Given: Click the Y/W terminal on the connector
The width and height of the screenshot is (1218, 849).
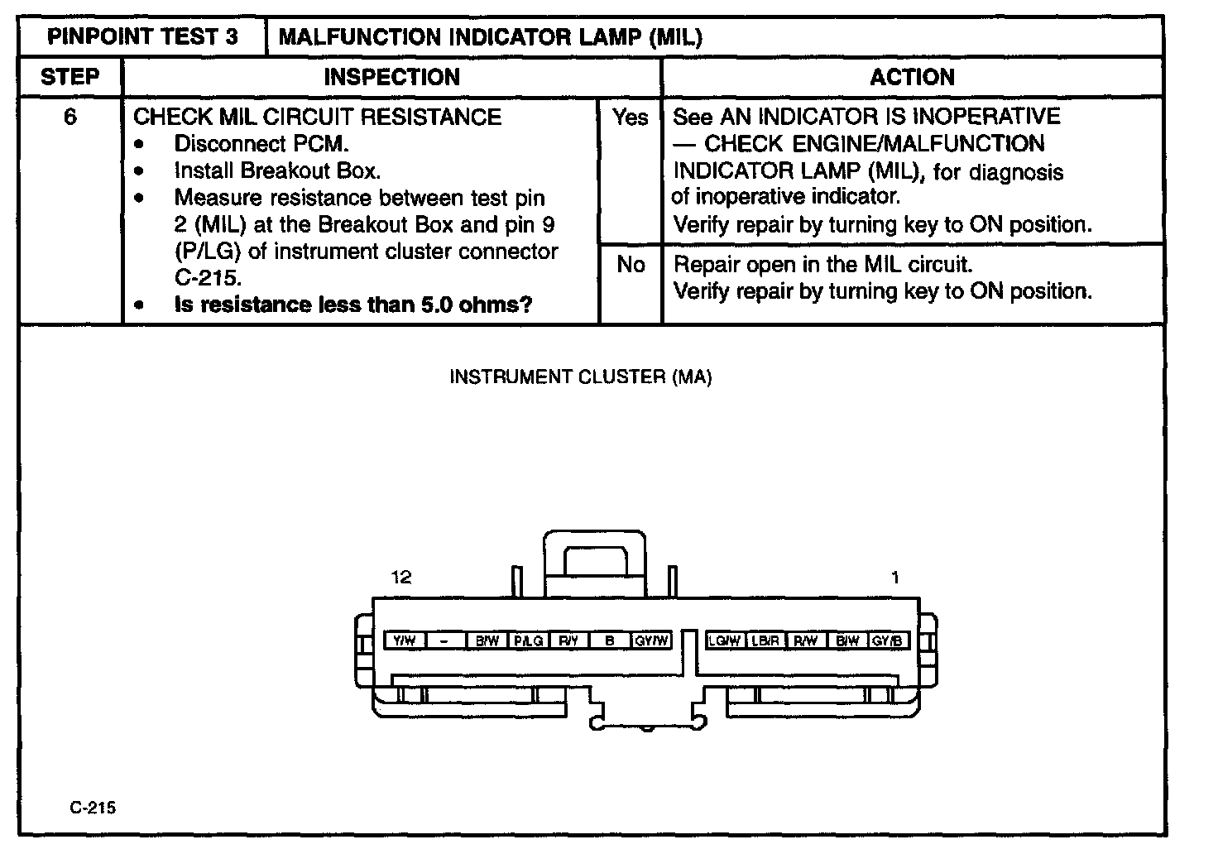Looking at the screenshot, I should pos(405,640).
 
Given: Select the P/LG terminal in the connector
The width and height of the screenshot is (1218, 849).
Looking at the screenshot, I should pos(528,640).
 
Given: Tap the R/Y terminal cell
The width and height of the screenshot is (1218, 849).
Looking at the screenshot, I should pos(568,640).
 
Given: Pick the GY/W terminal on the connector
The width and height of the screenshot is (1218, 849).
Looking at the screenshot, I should pos(651,640).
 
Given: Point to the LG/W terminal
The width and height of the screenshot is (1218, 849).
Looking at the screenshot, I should pos(724,640).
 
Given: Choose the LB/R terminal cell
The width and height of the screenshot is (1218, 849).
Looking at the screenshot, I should pos(765,640).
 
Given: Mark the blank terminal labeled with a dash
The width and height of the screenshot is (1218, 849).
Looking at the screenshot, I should pos(445,640).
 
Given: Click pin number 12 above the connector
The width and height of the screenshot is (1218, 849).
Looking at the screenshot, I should pos(401,578).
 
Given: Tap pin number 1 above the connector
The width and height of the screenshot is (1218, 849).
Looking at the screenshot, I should pos(894,578).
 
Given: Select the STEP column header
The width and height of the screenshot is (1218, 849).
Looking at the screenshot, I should pos(70,77).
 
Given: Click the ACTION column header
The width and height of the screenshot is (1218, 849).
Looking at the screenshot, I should pos(912,77).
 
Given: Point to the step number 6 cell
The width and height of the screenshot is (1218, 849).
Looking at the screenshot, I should pos(70,117).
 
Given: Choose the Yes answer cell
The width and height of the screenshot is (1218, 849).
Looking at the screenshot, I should pos(631,118).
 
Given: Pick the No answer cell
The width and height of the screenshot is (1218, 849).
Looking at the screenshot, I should pos(631,264).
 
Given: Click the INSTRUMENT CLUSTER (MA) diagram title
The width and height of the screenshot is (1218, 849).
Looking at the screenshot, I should pos(580,377).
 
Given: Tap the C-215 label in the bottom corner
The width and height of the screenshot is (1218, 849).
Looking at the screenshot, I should pos(93,808).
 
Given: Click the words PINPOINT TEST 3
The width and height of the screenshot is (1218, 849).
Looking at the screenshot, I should pos(142,37).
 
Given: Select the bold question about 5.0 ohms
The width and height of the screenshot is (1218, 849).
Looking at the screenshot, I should pos(353,305).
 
